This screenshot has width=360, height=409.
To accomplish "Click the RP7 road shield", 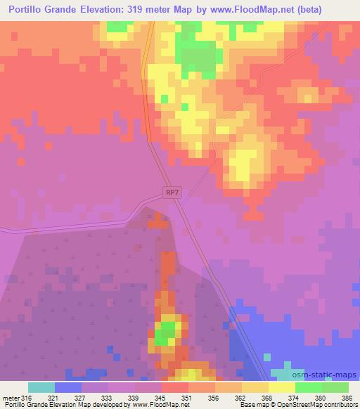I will pos(173,192).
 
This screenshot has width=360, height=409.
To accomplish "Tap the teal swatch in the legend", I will pos(41,387).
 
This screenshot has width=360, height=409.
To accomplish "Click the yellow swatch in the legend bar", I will pos(281,387).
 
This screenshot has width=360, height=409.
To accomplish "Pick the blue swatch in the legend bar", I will pos(67,387).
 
